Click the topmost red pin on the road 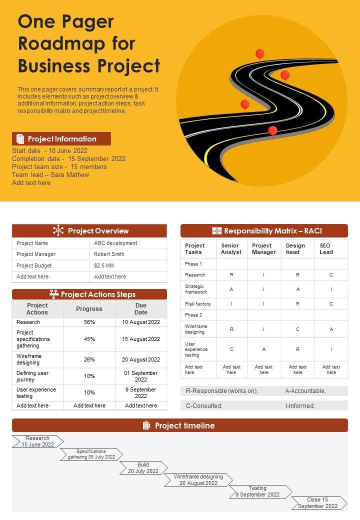click(259, 53)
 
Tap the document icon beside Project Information click(20, 139)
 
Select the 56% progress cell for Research click(89, 322)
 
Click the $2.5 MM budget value click(104, 265)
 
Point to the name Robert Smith click(109, 254)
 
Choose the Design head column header click(295, 249)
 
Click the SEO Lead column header click(326, 249)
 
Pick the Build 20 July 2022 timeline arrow click(143, 468)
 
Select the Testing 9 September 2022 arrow click(258, 491)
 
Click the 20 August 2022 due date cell click(141, 359)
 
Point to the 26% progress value click(89, 359)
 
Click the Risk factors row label click(197, 304)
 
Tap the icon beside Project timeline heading click(146, 425)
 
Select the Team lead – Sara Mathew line click(50, 175)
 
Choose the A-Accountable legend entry click(305, 391)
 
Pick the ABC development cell click(115, 243)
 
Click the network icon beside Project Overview click(58, 230)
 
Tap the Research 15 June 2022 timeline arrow click(38, 441)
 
